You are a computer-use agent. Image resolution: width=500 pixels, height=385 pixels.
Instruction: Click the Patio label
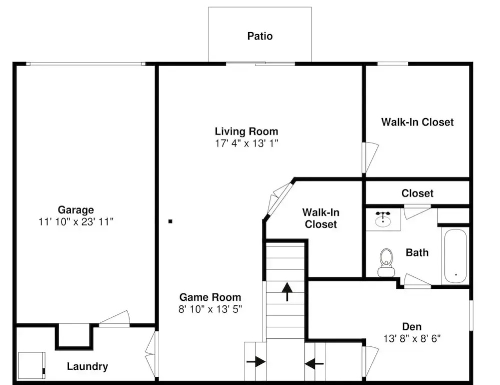[260, 36]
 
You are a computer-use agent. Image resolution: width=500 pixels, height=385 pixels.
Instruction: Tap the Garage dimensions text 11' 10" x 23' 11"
[76, 222]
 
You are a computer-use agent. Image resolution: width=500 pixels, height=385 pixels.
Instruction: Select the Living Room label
[246, 131]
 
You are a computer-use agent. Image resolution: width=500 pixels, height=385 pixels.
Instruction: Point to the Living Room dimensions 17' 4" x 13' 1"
[246, 143]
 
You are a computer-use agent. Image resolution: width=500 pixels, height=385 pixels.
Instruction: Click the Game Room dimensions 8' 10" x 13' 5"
[210, 309]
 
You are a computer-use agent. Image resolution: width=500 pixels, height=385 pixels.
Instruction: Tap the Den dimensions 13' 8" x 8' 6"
[412, 338]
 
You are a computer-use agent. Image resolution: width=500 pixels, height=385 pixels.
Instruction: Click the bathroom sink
[383, 219]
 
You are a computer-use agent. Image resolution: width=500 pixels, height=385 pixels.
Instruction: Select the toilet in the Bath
[386, 262]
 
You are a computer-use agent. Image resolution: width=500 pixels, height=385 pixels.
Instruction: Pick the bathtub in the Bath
[455, 256]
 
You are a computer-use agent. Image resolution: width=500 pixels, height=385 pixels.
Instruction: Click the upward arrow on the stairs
[287, 292]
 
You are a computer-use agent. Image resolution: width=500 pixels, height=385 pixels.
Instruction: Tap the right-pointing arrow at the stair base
[256, 362]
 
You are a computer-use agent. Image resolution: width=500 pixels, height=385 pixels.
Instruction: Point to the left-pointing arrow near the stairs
[314, 363]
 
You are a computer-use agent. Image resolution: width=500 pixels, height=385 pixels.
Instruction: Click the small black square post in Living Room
[170, 221]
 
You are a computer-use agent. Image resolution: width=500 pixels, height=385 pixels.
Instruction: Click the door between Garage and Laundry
[114, 319]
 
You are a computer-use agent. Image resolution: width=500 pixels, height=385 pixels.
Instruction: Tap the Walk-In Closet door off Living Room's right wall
[370, 158]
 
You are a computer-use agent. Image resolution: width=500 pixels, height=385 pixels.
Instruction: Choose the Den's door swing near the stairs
[370, 362]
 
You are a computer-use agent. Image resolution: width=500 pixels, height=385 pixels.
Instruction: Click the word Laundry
[88, 366]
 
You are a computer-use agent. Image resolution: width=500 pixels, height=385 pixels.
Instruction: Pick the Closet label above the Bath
[417, 193]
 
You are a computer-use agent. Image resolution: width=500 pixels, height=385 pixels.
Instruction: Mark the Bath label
[417, 253]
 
